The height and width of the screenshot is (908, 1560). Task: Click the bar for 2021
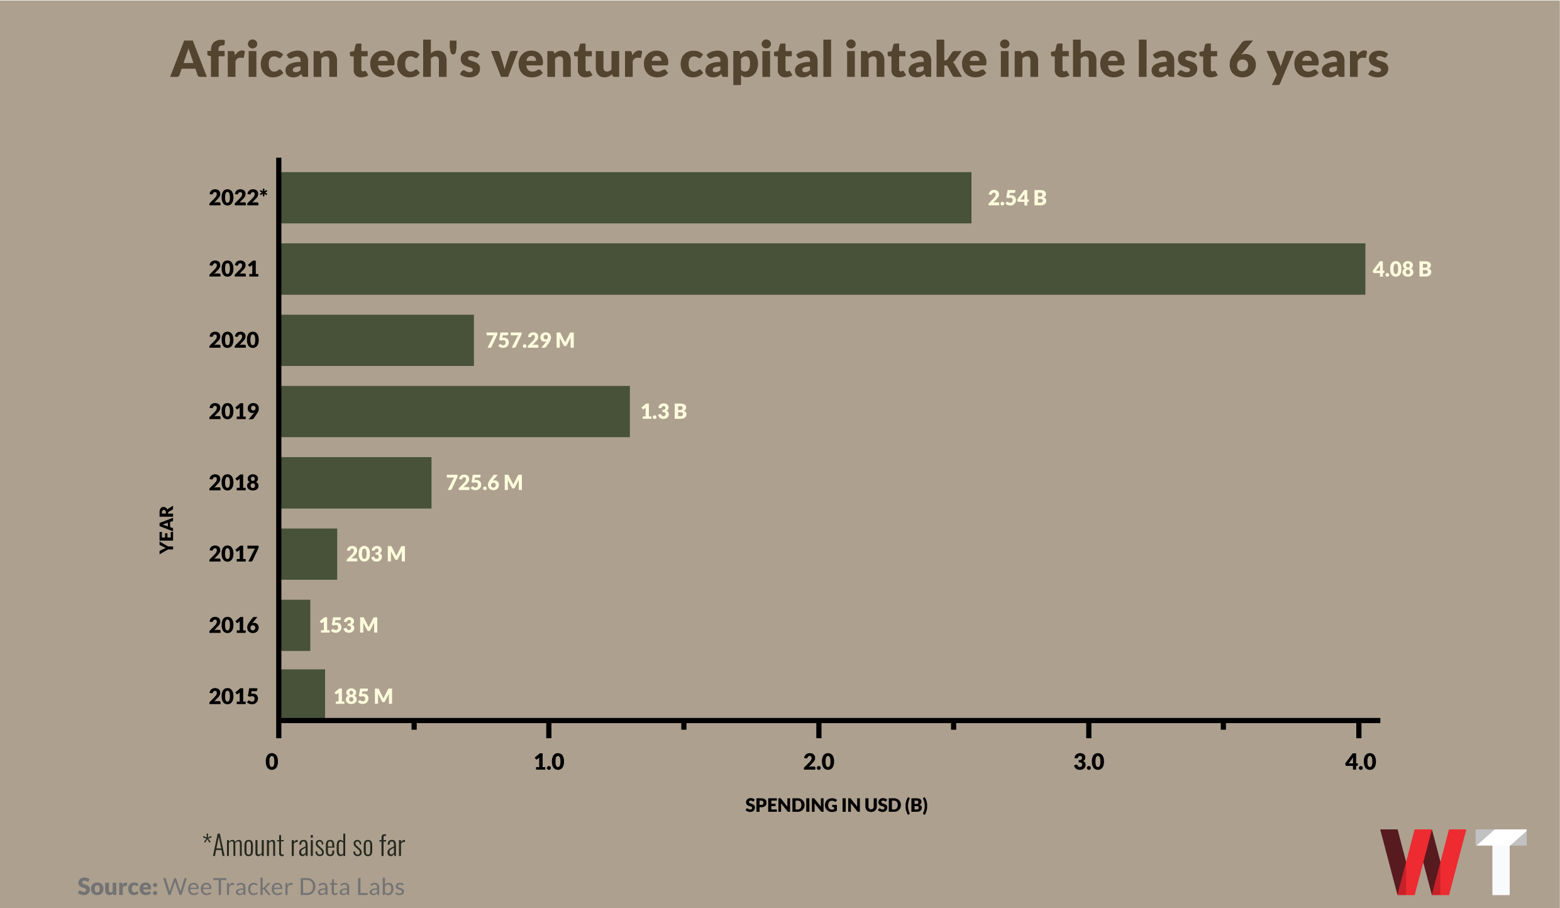822,269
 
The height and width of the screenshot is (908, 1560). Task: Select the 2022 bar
626,198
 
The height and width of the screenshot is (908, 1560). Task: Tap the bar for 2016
296,625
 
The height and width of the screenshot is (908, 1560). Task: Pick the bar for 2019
455,411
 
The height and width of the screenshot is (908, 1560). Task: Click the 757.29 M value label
530,340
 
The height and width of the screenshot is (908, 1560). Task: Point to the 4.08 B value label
1402,269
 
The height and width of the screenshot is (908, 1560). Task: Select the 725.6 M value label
484,483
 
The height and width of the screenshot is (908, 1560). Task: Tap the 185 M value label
363,697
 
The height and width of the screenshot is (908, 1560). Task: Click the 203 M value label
375,554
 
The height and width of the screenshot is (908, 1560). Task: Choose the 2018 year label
233,483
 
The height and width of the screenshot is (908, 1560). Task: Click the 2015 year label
233,697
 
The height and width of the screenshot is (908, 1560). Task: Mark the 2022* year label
238,198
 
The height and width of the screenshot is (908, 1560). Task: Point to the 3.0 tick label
1088,762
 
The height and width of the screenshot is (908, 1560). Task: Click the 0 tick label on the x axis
272,762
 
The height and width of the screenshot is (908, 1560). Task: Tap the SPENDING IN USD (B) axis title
836,806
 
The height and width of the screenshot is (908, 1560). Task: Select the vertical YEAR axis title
167,529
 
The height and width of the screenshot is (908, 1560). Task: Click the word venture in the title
580,60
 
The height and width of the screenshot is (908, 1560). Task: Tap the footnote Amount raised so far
304,846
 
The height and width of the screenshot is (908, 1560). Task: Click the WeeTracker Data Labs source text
284,887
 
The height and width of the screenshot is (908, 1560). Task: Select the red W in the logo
1422,861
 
